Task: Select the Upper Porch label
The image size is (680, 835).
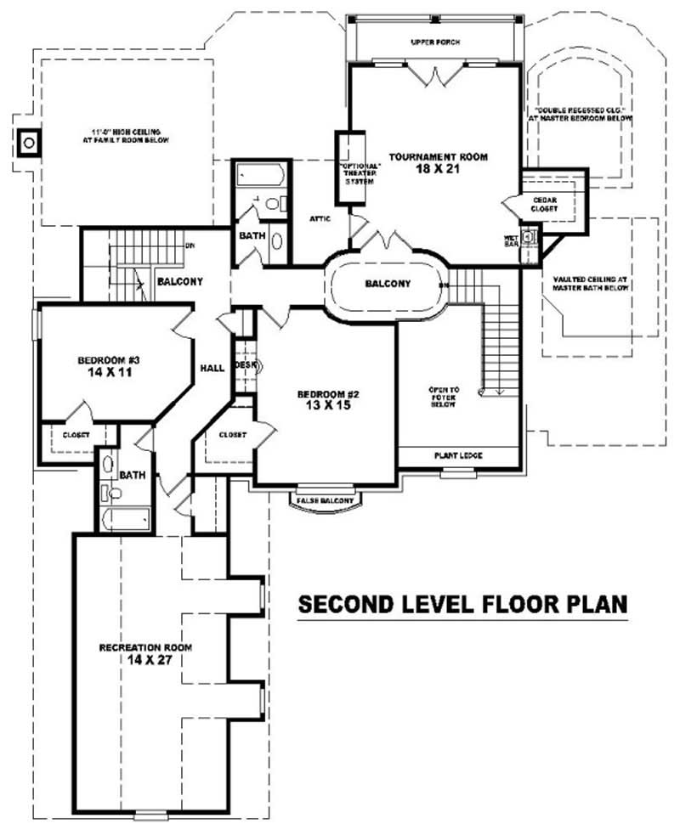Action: click(x=434, y=41)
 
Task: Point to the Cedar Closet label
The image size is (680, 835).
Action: click(x=544, y=205)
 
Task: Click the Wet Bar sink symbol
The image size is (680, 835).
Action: click(x=528, y=235)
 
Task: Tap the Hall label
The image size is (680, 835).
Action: click(x=212, y=368)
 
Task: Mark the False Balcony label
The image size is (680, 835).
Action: click(x=325, y=501)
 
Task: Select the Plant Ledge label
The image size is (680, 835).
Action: click(x=459, y=456)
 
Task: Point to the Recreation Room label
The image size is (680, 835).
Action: click(x=145, y=647)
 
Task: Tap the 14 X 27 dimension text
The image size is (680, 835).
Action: click(x=145, y=660)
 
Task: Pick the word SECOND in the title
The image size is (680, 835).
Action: click(x=342, y=604)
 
